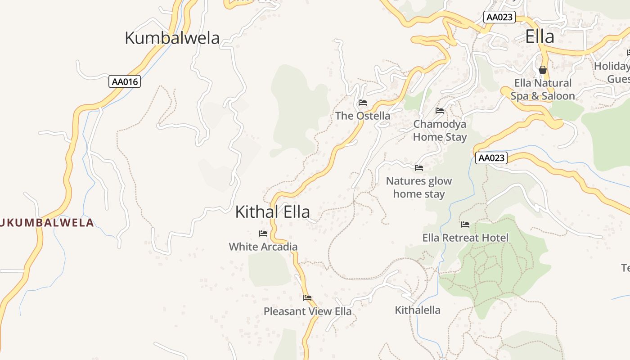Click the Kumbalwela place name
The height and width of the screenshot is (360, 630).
[x=172, y=38]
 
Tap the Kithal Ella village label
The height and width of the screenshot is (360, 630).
[x=272, y=211]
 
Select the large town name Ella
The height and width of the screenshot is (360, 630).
[x=540, y=36]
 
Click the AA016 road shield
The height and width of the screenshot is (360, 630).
[x=125, y=82]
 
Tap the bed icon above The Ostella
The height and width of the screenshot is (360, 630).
[x=363, y=103]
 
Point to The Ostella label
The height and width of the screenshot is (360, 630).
[x=363, y=116]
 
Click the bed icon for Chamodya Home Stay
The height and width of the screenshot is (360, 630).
[x=440, y=111]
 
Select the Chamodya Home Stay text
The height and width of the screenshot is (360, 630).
[x=440, y=130]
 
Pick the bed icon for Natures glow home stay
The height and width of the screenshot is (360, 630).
[x=419, y=168]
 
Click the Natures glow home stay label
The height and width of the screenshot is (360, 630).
[x=419, y=187]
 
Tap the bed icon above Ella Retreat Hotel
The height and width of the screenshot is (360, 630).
[x=465, y=225]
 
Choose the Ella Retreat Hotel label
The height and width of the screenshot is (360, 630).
[x=465, y=238]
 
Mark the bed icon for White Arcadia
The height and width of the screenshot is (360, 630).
[x=263, y=234]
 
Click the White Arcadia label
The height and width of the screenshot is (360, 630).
[x=263, y=247]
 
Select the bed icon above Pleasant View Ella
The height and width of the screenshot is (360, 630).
[x=307, y=298]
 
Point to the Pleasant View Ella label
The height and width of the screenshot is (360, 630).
[x=307, y=311]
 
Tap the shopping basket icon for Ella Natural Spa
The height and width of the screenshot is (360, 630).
[x=543, y=70]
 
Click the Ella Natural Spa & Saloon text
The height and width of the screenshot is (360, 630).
[x=543, y=89]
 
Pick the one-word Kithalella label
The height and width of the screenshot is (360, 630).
[x=418, y=310]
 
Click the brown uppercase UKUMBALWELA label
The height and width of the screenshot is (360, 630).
[x=47, y=222]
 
